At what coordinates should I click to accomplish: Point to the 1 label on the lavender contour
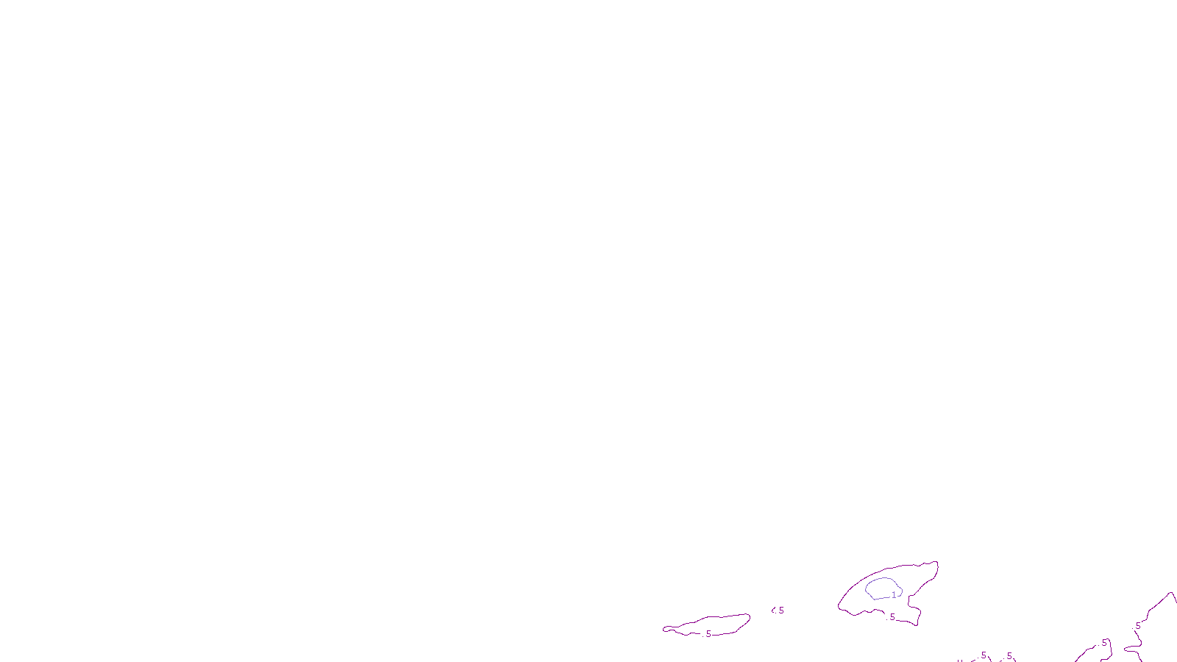click(x=894, y=594)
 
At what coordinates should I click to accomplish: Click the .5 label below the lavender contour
click(x=892, y=617)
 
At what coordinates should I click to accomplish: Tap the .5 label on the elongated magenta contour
click(x=708, y=633)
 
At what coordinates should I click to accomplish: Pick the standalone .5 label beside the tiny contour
click(x=780, y=610)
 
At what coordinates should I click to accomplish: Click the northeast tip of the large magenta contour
click(x=936, y=563)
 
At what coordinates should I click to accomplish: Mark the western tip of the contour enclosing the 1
click(x=839, y=606)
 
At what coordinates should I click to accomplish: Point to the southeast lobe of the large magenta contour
click(x=916, y=622)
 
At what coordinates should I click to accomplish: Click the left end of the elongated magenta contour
click(x=664, y=629)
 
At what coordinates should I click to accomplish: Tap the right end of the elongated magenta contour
click(x=749, y=616)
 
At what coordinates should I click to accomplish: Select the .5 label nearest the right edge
click(x=1137, y=626)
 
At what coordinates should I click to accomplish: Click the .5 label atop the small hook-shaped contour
click(x=1103, y=643)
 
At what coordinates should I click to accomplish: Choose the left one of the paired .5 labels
click(x=983, y=655)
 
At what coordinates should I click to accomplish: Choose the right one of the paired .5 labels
click(x=1009, y=655)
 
